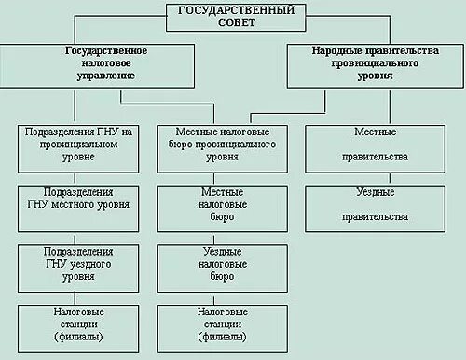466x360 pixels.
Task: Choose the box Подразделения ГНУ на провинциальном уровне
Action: (76, 145)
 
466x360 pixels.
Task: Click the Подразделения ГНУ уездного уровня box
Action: (76, 264)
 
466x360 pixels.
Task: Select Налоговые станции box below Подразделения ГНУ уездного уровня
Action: (76, 322)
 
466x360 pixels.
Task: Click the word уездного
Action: (91, 263)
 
